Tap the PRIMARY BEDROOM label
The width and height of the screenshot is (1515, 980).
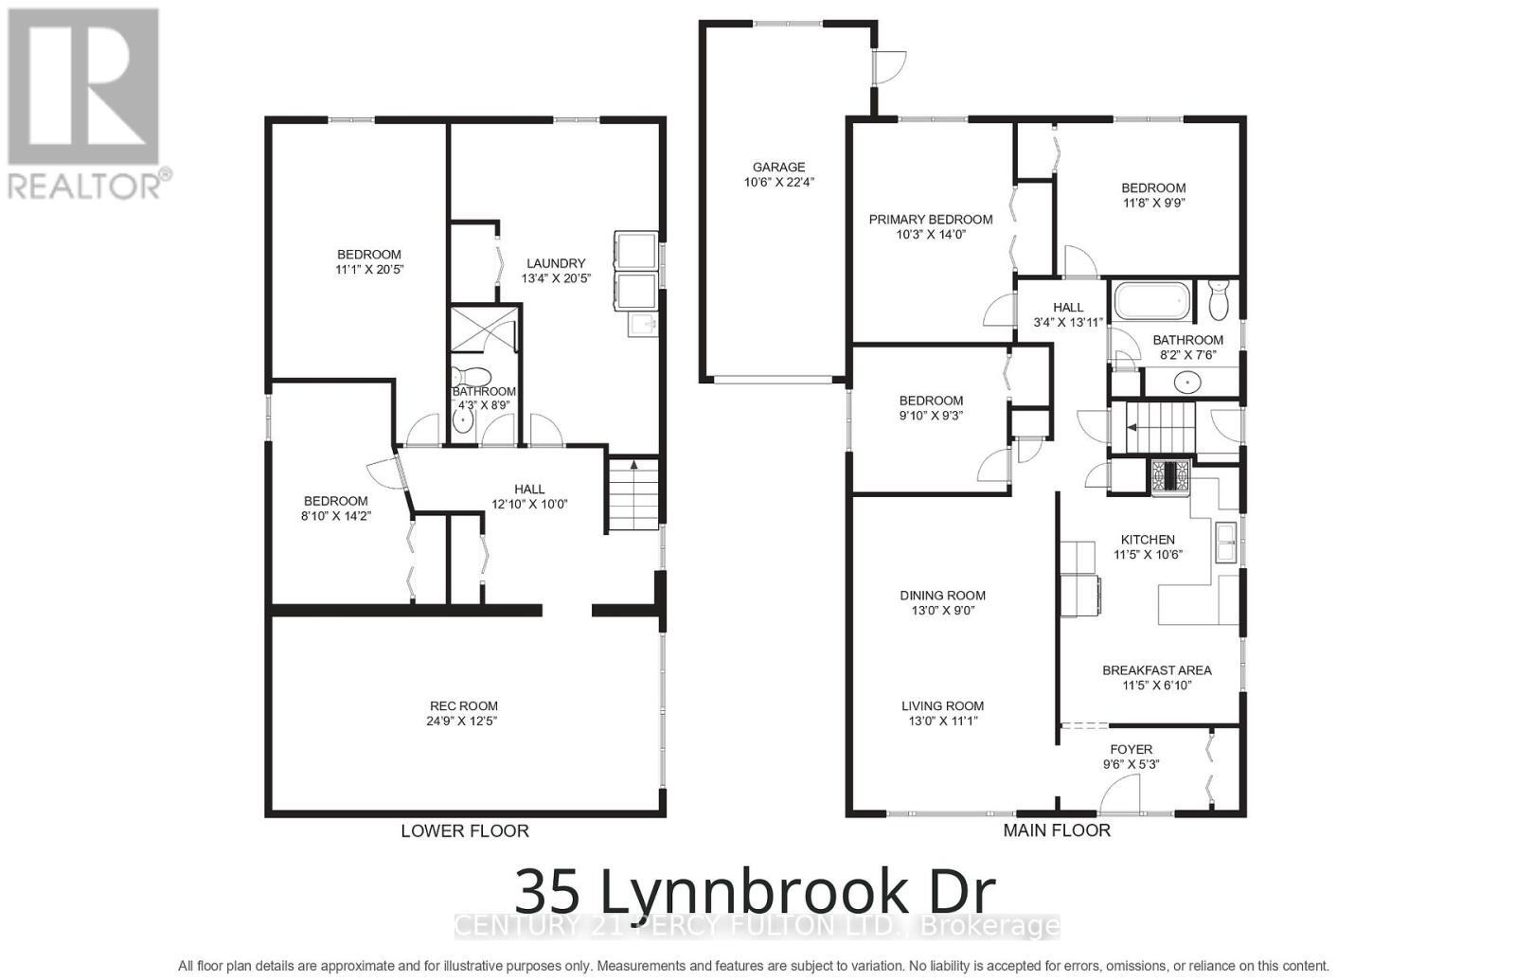[x=931, y=219]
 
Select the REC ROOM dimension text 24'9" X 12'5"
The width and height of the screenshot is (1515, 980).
[x=463, y=721]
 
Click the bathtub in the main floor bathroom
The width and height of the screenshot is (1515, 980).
[x=1150, y=302]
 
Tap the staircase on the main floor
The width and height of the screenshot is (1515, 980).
[x=1160, y=429]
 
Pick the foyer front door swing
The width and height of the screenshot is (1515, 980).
[x=1122, y=793]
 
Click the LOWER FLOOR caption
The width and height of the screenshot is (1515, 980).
[x=464, y=831]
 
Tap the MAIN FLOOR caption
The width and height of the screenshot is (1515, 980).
[x=1057, y=830]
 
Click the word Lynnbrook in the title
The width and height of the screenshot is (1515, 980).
[x=749, y=891]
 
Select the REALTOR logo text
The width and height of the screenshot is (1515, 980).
[x=85, y=185]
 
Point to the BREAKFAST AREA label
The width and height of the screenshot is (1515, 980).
[x=1156, y=669]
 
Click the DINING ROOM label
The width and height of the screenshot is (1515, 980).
[x=942, y=596]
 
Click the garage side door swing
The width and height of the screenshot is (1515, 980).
[x=888, y=66]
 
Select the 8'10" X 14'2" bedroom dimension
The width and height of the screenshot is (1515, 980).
[x=335, y=516]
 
